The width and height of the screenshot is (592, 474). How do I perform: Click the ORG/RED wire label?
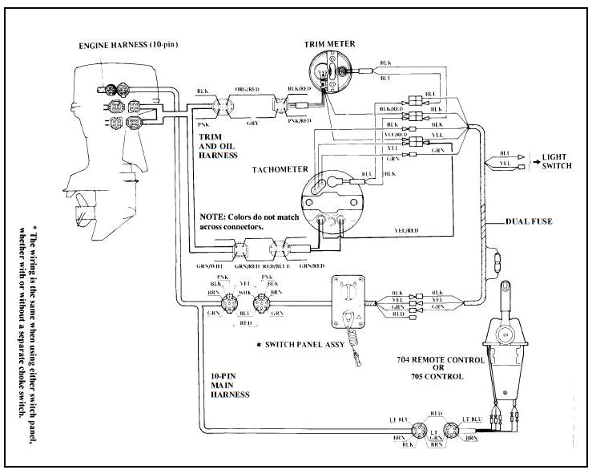[244, 91]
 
